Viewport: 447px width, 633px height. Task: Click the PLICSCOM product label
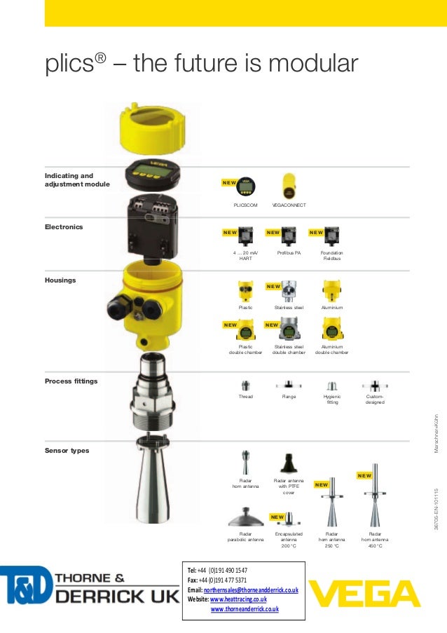(x=245, y=205)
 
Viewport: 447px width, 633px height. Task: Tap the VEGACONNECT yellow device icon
(x=288, y=186)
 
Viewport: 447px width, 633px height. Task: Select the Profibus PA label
(x=288, y=252)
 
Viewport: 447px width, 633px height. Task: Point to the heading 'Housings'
(x=60, y=280)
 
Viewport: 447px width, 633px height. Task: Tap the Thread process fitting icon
(x=245, y=385)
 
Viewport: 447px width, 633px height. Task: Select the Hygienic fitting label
(x=332, y=400)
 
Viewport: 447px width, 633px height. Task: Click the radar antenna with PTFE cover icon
(x=288, y=463)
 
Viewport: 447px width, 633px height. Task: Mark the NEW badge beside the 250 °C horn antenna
(x=322, y=484)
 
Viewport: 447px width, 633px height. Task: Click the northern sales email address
(x=251, y=590)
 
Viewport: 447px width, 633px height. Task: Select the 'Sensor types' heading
(x=67, y=450)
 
